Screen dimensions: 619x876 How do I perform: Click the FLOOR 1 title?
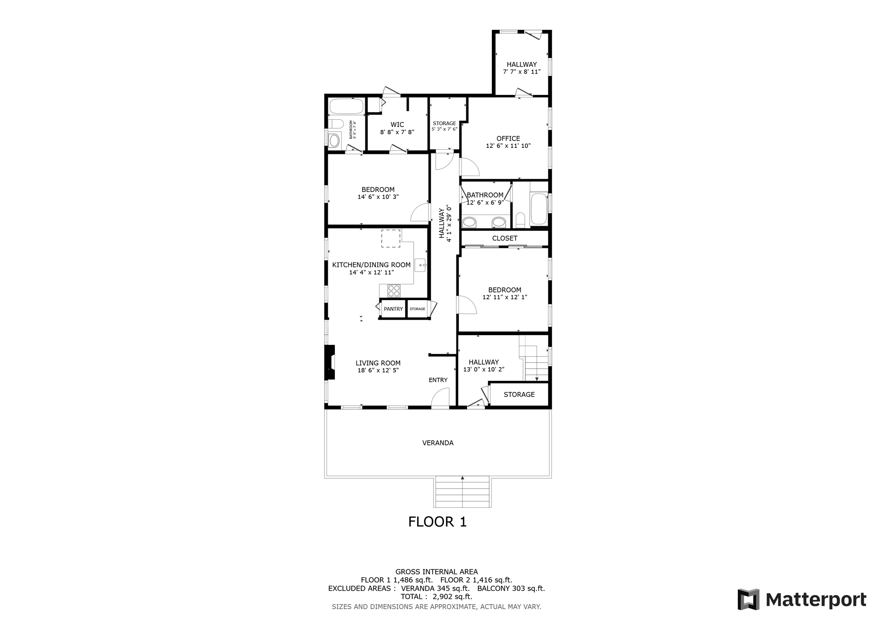(x=437, y=522)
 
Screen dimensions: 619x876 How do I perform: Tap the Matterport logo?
(x=802, y=599)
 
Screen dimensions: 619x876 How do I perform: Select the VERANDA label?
(x=438, y=443)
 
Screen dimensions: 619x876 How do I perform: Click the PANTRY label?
(x=393, y=309)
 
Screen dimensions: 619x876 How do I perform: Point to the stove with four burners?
(x=394, y=291)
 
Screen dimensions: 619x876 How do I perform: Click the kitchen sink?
(x=420, y=265)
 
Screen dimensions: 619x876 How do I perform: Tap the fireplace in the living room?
(x=329, y=362)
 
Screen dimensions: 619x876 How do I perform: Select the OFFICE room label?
(x=508, y=139)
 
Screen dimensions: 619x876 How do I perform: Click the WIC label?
(x=397, y=125)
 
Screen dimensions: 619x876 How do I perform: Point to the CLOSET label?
(x=505, y=238)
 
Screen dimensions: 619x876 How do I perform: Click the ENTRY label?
(x=438, y=380)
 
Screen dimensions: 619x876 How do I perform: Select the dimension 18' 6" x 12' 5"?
(x=378, y=371)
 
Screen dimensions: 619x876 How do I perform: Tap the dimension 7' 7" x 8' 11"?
(x=521, y=72)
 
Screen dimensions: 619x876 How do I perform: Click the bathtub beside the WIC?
(x=346, y=106)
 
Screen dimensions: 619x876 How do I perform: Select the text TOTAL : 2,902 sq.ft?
(x=436, y=596)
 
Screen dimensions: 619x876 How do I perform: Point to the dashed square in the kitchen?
(x=391, y=239)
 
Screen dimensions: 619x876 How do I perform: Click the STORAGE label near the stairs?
(x=519, y=395)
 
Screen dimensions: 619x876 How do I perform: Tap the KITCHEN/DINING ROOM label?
(x=371, y=265)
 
